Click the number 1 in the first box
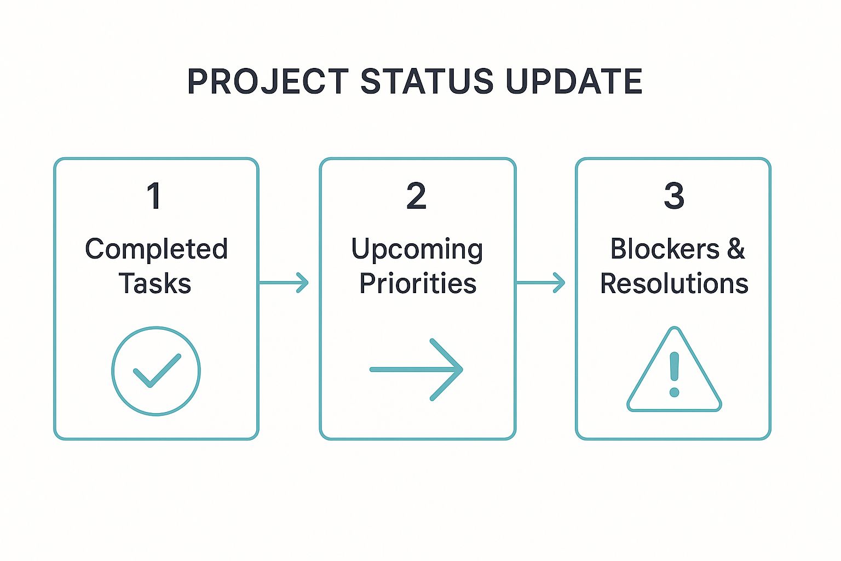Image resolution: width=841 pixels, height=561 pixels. coord(154,196)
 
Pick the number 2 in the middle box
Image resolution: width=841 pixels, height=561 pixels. coord(417,196)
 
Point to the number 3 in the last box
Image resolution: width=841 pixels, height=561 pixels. coord(674,196)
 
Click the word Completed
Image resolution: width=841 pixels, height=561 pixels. coord(156,249)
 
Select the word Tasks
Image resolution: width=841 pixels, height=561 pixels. coord(155,284)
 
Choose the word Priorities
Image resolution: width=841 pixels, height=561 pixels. coord(418,284)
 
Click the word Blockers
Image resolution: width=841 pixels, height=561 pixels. coord(665,249)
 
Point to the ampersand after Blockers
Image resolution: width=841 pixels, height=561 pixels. coord(736,249)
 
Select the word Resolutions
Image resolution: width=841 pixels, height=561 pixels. coord(674,284)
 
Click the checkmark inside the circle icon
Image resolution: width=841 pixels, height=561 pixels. coord(157,371)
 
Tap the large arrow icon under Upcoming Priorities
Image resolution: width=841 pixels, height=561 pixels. coord(416,370)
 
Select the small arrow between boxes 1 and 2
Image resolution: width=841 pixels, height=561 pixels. coord(284,283)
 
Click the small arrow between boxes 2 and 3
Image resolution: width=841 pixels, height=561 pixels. coord(540,283)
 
